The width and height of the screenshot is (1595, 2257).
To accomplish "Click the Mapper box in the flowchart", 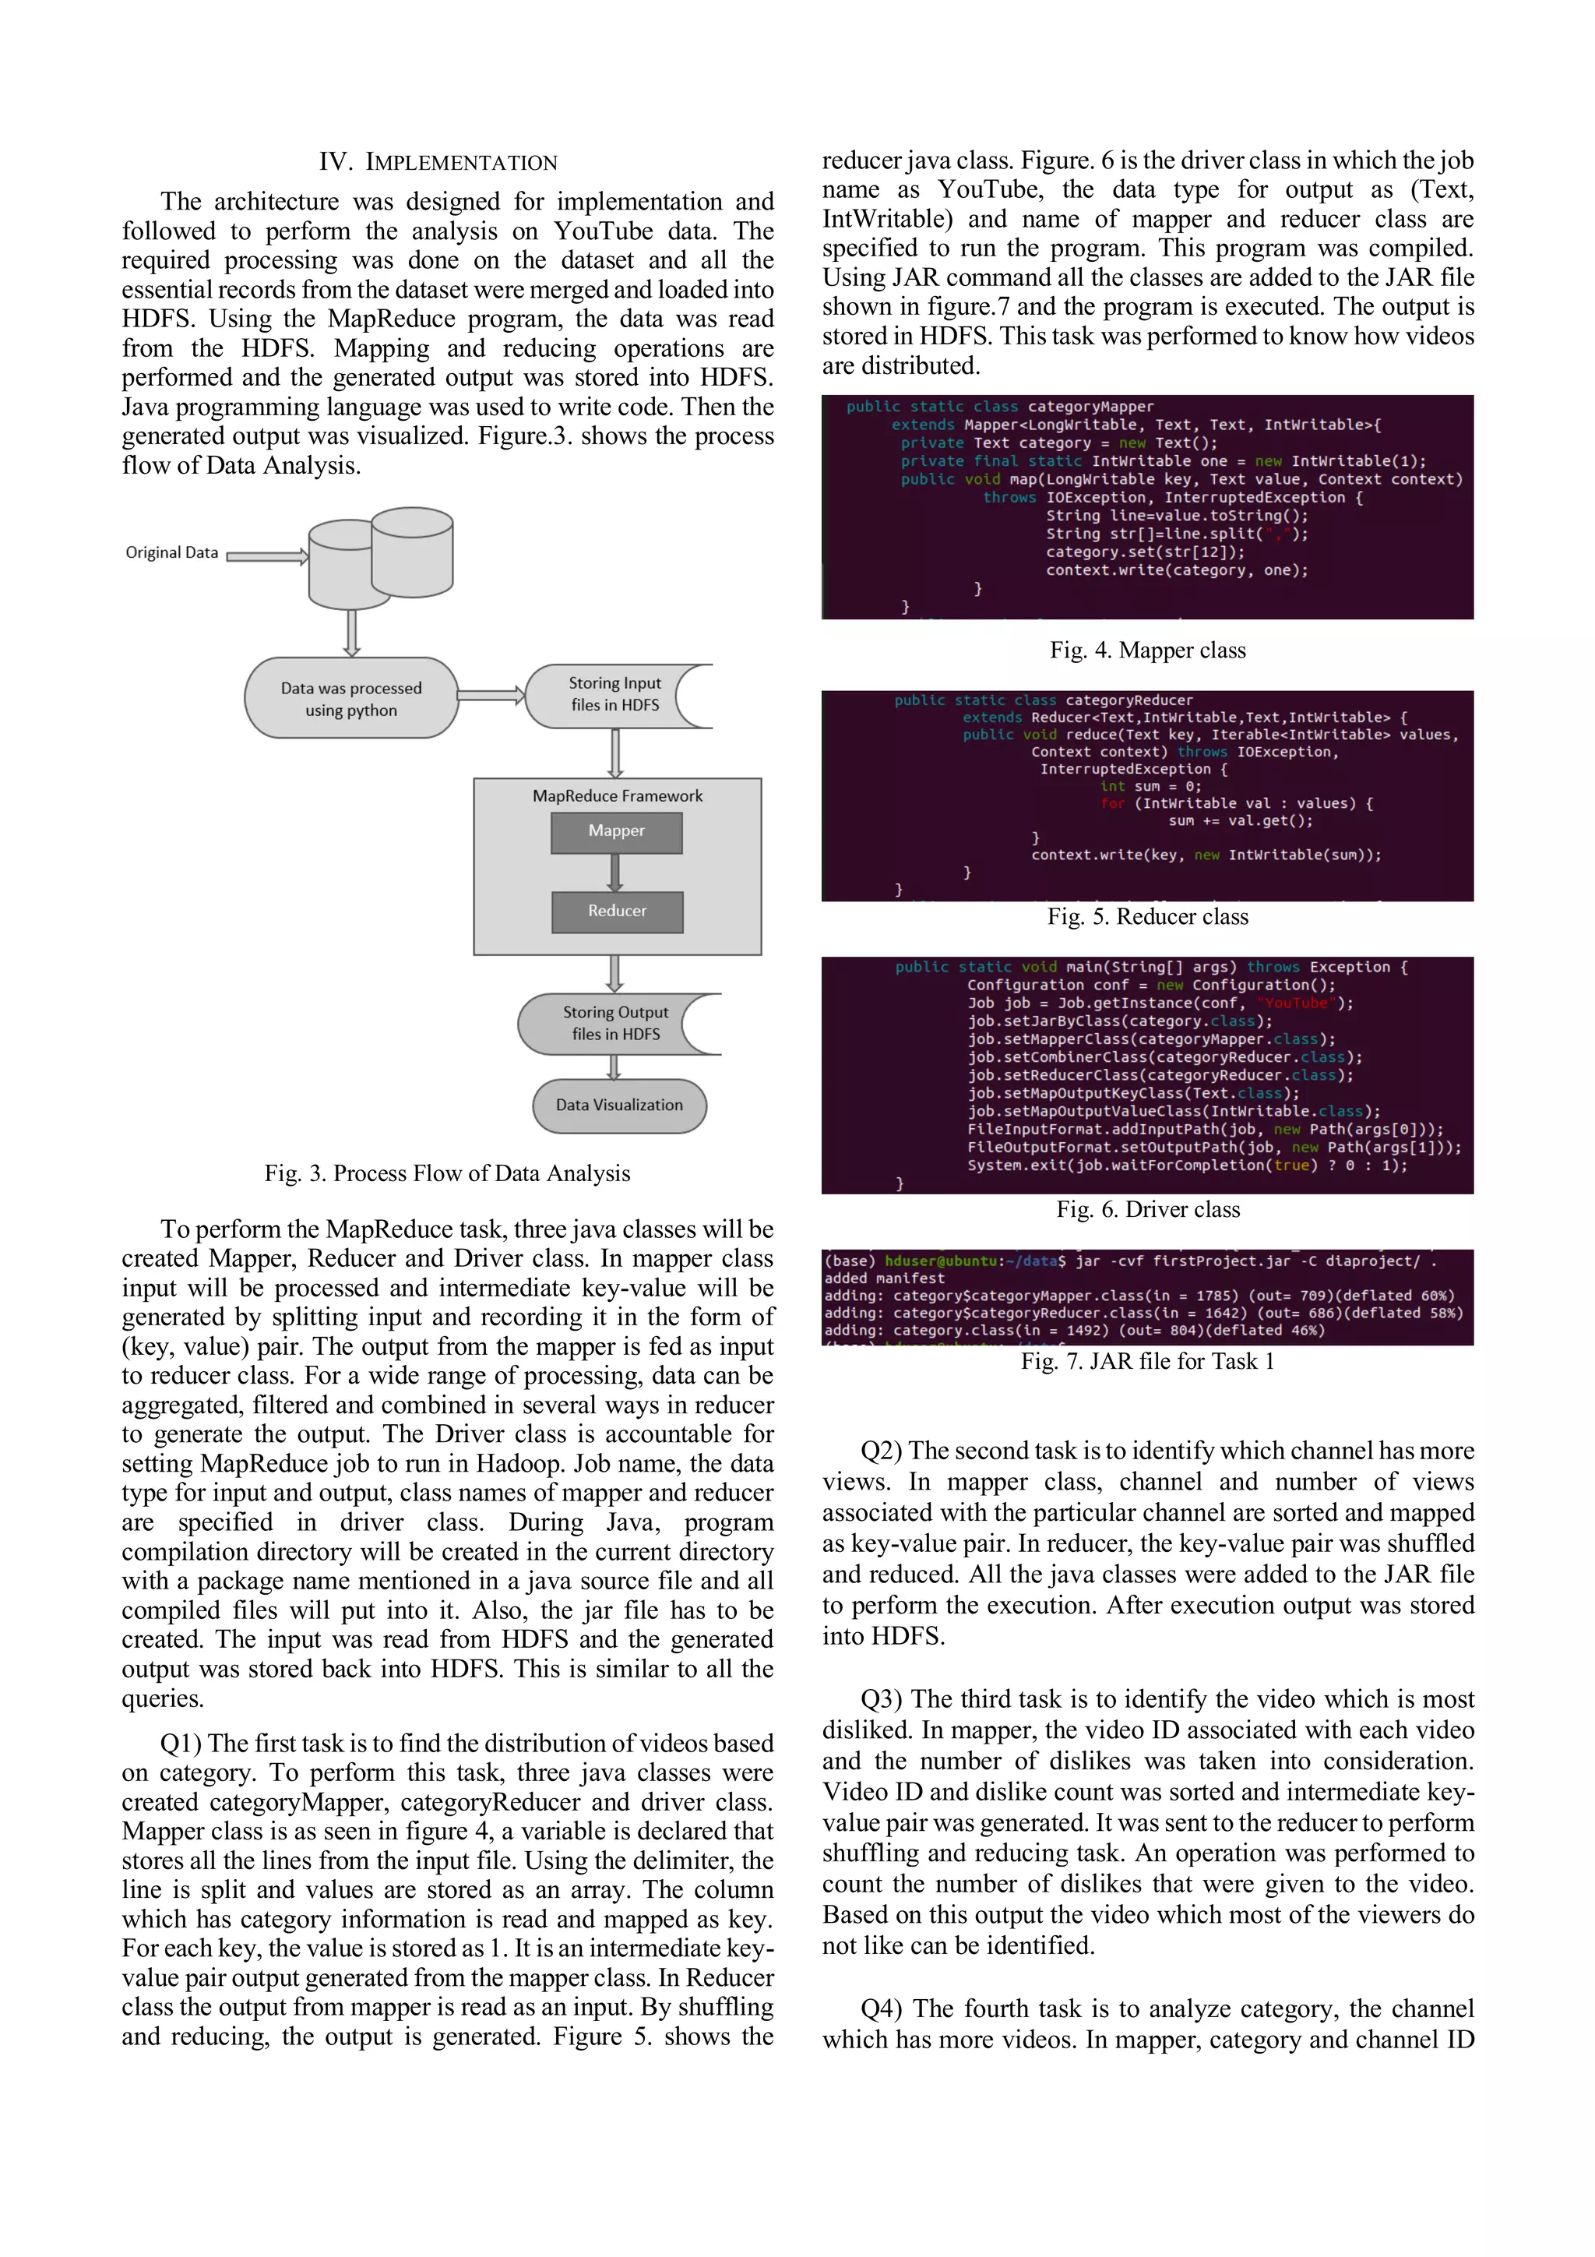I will coord(616,831).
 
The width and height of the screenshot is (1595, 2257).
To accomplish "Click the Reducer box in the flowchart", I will coord(616,912).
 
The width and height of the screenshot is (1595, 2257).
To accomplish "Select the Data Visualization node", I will coord(619,1105).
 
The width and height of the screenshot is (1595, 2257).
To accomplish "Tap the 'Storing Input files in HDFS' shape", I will coord(614,694).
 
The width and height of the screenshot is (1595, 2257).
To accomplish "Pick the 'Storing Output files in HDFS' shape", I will coord(615,1023).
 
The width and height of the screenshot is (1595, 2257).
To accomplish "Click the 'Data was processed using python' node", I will coord(350,698).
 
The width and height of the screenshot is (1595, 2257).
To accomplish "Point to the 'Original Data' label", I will coord(172,552).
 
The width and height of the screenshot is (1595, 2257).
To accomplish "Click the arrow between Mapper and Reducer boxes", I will coord(615,872).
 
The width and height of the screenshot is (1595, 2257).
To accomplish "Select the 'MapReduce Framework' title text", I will coord(617,796).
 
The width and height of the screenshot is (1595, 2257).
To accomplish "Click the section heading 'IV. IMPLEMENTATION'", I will coord(438,162).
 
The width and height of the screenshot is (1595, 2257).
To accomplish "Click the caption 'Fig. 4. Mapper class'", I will coord(1147,650).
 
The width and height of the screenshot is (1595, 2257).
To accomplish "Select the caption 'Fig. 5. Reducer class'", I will coord(1147,916).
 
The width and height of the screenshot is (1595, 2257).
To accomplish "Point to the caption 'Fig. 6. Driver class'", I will coord(1148,1209).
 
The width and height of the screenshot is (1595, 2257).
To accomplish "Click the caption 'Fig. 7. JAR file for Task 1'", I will coord(1147,1362).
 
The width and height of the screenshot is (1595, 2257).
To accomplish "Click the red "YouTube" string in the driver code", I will coord(1294,1003).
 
